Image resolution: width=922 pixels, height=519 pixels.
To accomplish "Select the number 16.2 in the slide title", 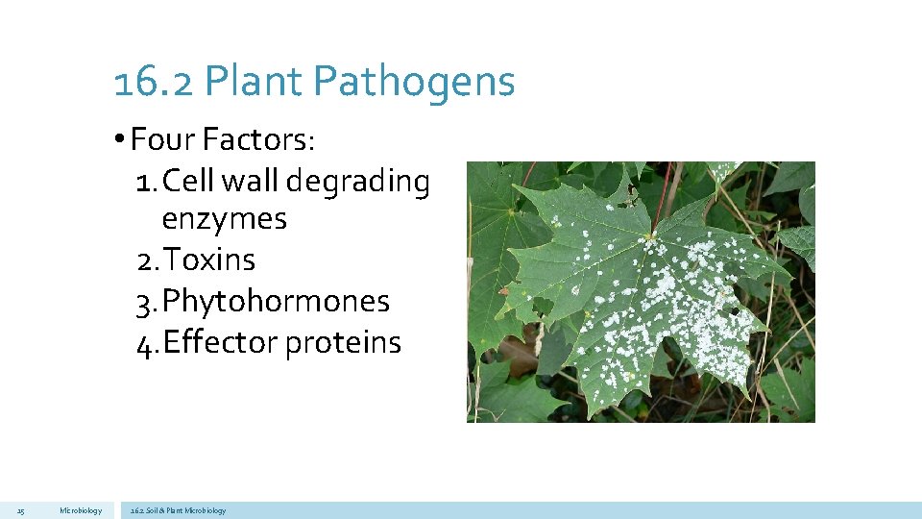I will click(x=154, y=83).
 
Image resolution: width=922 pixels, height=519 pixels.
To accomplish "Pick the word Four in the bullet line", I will click(x=163, y=140).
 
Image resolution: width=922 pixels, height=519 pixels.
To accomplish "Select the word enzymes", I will click(x=224, y=219).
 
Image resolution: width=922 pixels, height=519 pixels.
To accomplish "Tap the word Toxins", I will click(x=208, y=259).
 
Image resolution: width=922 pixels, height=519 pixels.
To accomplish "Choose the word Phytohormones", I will click(x=276, y=301).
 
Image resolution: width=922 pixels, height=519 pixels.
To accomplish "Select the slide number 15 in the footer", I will click(x=20, y=510).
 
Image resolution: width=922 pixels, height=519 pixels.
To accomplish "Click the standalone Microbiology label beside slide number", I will click(x=80, y=510).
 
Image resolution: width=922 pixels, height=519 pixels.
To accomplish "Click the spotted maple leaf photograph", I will click(x=641, y=291).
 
